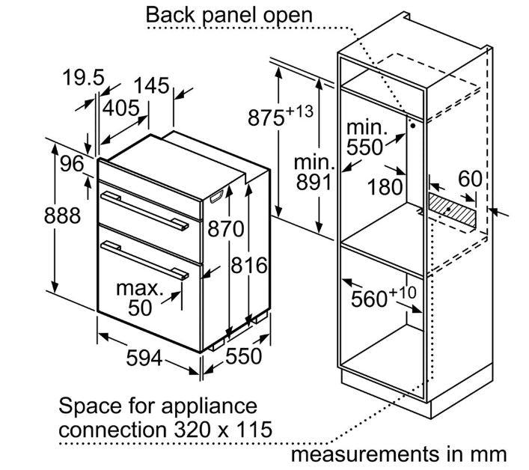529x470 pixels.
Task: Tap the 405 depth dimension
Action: (121, 109)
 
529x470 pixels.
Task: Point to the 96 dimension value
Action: (72, 163)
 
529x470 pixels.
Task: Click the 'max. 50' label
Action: (138, 297)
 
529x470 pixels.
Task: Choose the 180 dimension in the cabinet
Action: (386, 186)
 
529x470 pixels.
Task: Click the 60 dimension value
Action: (469, 180)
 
